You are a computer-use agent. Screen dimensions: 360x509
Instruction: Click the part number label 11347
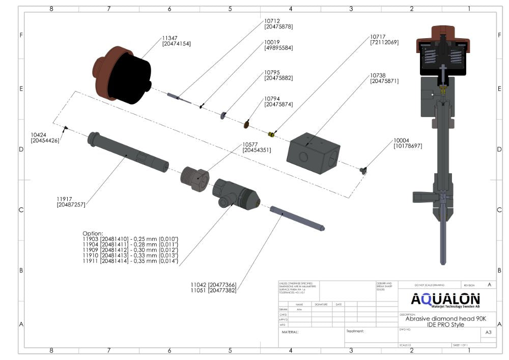[170, 38]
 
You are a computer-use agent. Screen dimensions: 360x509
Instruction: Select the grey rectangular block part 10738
[313, 153]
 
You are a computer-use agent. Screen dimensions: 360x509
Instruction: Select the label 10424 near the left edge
[39, 135]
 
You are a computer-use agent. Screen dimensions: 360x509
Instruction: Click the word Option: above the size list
[93, 233]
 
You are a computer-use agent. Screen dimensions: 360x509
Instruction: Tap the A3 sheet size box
[488, 332]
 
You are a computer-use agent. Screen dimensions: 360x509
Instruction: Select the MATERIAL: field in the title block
[290, 332]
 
